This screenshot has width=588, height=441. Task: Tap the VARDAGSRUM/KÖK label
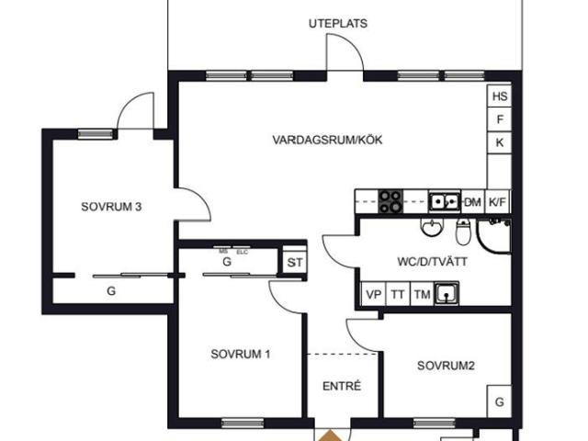[x=326, y=141]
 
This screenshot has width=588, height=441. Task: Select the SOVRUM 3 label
[x=110, y=207]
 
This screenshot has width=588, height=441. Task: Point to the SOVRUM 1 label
[x=240, y=354]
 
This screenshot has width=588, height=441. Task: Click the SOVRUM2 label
[x=446, y=366]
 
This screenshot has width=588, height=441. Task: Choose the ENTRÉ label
[x=341, y=386]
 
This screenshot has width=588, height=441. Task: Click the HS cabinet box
[x=500, y=96]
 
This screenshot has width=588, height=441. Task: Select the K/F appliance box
[x=498, y=201]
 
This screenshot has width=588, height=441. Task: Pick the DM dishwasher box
[x=473, y=201]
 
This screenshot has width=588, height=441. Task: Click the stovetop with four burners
[x=391, y=200]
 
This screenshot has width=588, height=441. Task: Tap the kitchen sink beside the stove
[x=446, y=200]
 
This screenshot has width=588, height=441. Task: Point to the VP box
[x=374, y=294]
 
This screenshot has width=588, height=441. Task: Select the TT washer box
[x=398, y=294]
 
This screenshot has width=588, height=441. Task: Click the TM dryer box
[x=422, y=294]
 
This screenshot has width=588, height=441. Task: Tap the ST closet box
[x=294, y=263]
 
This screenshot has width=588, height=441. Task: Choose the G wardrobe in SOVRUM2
[x=499, y=402]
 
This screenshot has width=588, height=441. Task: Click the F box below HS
[x=500, y=119]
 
